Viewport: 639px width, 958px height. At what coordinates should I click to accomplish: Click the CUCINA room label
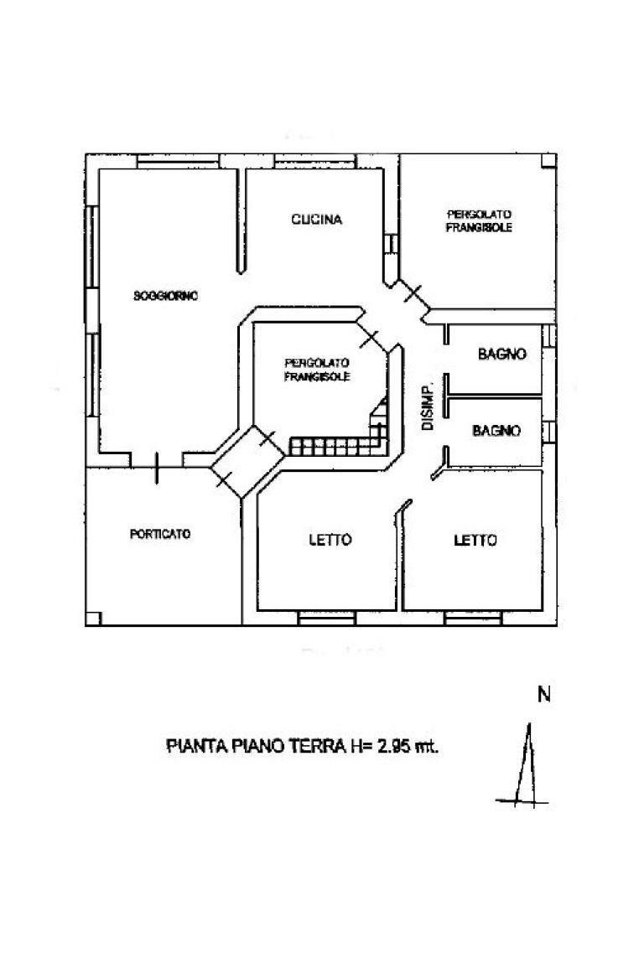316,220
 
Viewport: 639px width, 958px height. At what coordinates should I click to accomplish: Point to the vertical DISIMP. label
427,408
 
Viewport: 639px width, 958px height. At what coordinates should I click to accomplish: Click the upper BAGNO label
502,355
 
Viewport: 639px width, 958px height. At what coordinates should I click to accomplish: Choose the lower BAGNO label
496,431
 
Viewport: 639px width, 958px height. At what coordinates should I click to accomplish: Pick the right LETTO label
475,541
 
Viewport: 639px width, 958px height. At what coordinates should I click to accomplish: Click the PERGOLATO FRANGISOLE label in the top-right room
479,221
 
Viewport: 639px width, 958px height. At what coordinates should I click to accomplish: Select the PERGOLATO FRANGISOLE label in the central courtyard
317,370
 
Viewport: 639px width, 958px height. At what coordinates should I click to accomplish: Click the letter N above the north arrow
543,694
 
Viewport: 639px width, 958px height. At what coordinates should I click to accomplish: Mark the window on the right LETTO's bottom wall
473,619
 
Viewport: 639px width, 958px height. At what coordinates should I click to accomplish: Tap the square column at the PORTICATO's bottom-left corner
93,618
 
